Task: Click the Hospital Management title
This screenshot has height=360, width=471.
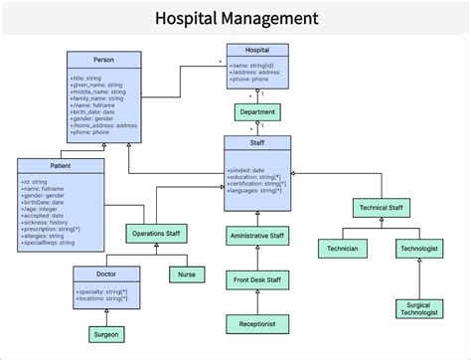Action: pos(236,18)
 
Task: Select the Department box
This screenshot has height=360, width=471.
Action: pos(257,112)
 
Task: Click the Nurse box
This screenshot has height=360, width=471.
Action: pos(185,274)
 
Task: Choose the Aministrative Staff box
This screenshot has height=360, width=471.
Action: pos(257,237)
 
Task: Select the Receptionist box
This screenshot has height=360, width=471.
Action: pos(257,323)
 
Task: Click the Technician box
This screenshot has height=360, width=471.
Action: pos(344,247)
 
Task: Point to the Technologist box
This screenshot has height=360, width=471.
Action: pos(419,247)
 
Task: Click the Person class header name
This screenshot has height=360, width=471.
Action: pos(103,60)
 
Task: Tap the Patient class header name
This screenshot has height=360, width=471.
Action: pos(60,165)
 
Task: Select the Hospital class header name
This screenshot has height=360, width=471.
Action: pos(257,50)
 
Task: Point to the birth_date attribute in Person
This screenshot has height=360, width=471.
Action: pos(91,113)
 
